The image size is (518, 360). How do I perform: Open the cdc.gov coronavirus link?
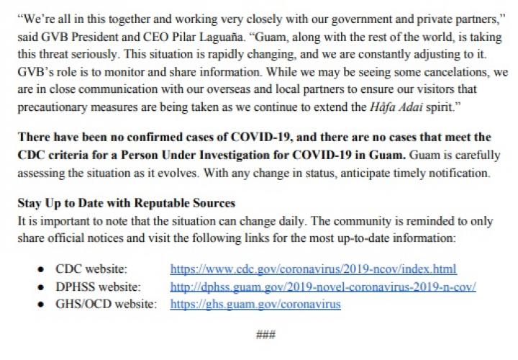pyautogui.click(x=313, y=270)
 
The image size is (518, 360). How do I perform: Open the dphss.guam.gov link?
pyautogui.click(x=322, y=287)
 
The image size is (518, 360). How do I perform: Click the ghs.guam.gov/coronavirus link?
pyautogui.click(x=255, y=303)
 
